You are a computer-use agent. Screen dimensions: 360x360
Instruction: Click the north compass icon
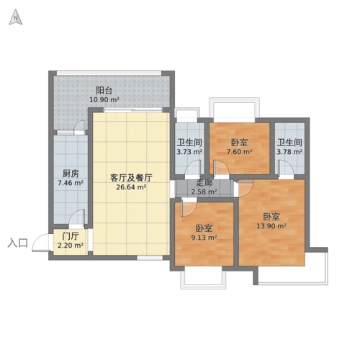pos(15,18)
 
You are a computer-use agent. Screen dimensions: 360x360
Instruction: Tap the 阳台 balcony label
pos(104,91)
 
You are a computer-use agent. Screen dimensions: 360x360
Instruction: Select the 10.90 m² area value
pos(104,100)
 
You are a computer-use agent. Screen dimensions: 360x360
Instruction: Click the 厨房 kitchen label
pos(70,174)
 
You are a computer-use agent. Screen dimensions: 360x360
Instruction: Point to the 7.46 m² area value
pos(70,183)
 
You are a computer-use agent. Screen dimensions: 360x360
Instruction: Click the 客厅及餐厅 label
pos(131,177)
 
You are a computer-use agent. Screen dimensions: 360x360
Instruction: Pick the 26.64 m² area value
pos(131,186)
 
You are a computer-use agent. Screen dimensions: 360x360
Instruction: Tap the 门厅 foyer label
pos(70,236)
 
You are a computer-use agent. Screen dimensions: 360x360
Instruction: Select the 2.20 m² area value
pos(70,246)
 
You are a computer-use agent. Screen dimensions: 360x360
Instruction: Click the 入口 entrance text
pos(17,243)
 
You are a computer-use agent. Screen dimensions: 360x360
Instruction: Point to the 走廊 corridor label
pos(204,183)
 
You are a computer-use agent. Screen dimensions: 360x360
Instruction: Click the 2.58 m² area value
pos(204,192)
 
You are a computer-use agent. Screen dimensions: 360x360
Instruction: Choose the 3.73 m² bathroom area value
pos(189,152)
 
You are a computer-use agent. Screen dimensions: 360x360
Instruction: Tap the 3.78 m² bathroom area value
pos(289,152)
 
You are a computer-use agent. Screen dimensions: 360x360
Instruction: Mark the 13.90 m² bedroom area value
pos(271,226)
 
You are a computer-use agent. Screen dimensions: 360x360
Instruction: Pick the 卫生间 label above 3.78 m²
pos(289,143)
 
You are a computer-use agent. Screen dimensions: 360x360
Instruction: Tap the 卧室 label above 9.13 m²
pos(203,228)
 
